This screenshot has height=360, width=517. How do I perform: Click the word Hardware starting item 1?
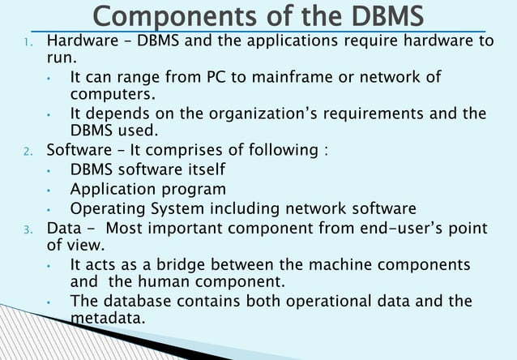(x=79, y=41)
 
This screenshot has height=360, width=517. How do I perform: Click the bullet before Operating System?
(x=49, y=208)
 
